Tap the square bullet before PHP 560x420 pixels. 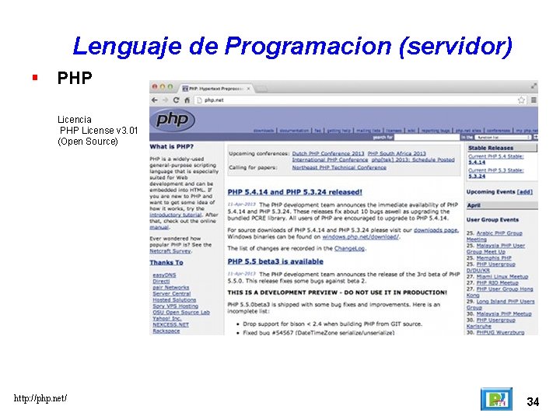coord(34,78)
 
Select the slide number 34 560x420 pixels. coord(533,401)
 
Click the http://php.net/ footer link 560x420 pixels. coord(40,398)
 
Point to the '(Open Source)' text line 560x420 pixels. coord(88,142)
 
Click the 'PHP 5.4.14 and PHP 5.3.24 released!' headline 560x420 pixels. coord(295,192)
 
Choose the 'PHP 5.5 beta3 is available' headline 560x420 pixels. coord(275,261)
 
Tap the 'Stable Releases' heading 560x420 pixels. coord(491,148)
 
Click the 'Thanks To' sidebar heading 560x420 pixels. coord(166,263)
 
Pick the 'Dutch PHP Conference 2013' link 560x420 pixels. coord(328,154)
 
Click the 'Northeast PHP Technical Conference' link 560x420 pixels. coord(339,167)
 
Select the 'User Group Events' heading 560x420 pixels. coord(492,220)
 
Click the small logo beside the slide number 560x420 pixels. coord(495,400)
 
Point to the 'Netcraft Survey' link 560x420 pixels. coord(170,251)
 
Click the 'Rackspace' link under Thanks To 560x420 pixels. coord(166,331)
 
